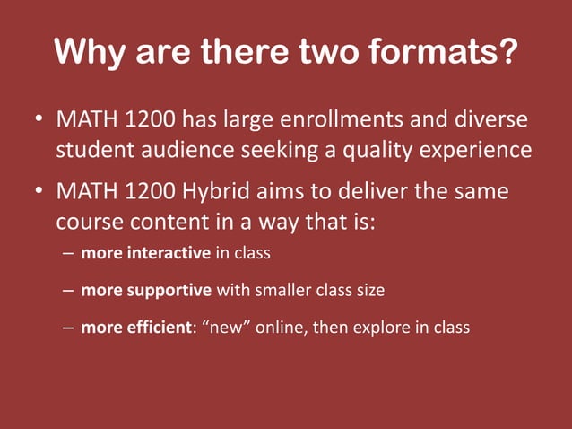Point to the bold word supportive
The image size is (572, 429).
pyautogui.click(x=168, y=291)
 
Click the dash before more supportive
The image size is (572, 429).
pyautogui.click(x=68, y=291)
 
